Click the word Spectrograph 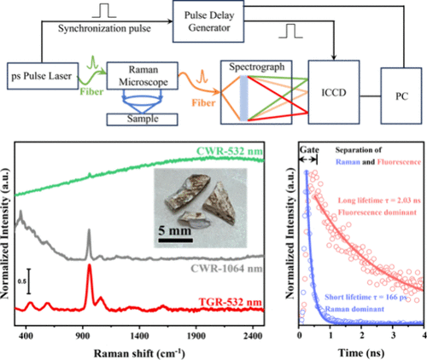pyautogui.click(x=257, y=67)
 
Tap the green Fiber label pyautogui.click(x=91, y=91)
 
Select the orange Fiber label pyautogui.click(x=203, y=102)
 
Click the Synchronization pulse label pyautogui.click(x=104, y=28)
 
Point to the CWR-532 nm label pyautogui.click(x=230, y=151)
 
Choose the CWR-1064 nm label pyautogui.click(x=226, y=268)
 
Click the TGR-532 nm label pyautogui.click(x=230, y=302)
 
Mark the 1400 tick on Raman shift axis pyautogui.click(x=139, y=336)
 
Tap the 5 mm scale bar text pyautogui.click(x=174, y=230)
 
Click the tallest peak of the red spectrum pyautogui.click(x=90, y=265)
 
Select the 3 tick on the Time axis pyautogui.click(x=393, y=335)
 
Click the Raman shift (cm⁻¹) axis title pyautogui.click(x=139, y=353)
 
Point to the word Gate pyautogui.click(x=309, y=150)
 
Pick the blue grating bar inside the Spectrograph pyautogui.click(x=243, y=98)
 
